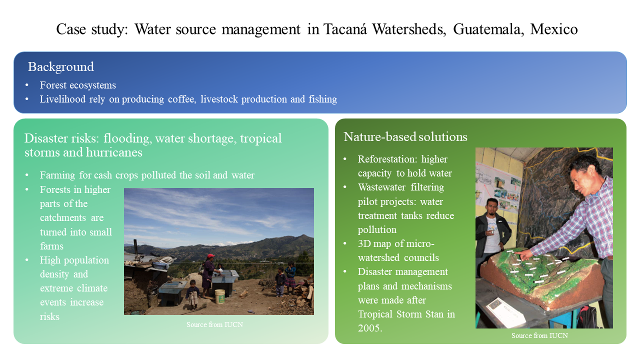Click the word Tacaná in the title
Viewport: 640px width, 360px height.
click(345, 29)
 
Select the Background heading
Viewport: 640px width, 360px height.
click(61, 67)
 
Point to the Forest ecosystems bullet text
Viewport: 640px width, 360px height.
click(77, 85)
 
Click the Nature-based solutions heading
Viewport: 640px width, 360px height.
click(405, 137)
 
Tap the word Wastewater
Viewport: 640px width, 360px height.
click(381, 187)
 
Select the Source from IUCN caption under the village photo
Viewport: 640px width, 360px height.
click(214, 324)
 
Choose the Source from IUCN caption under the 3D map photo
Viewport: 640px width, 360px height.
click(539, 335)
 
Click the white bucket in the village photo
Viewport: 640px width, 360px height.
click(219, 296)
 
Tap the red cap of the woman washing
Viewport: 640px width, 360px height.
click(211, 255)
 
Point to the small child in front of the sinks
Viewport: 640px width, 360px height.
click(192, 294)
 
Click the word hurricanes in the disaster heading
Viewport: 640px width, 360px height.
click(114, 152)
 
